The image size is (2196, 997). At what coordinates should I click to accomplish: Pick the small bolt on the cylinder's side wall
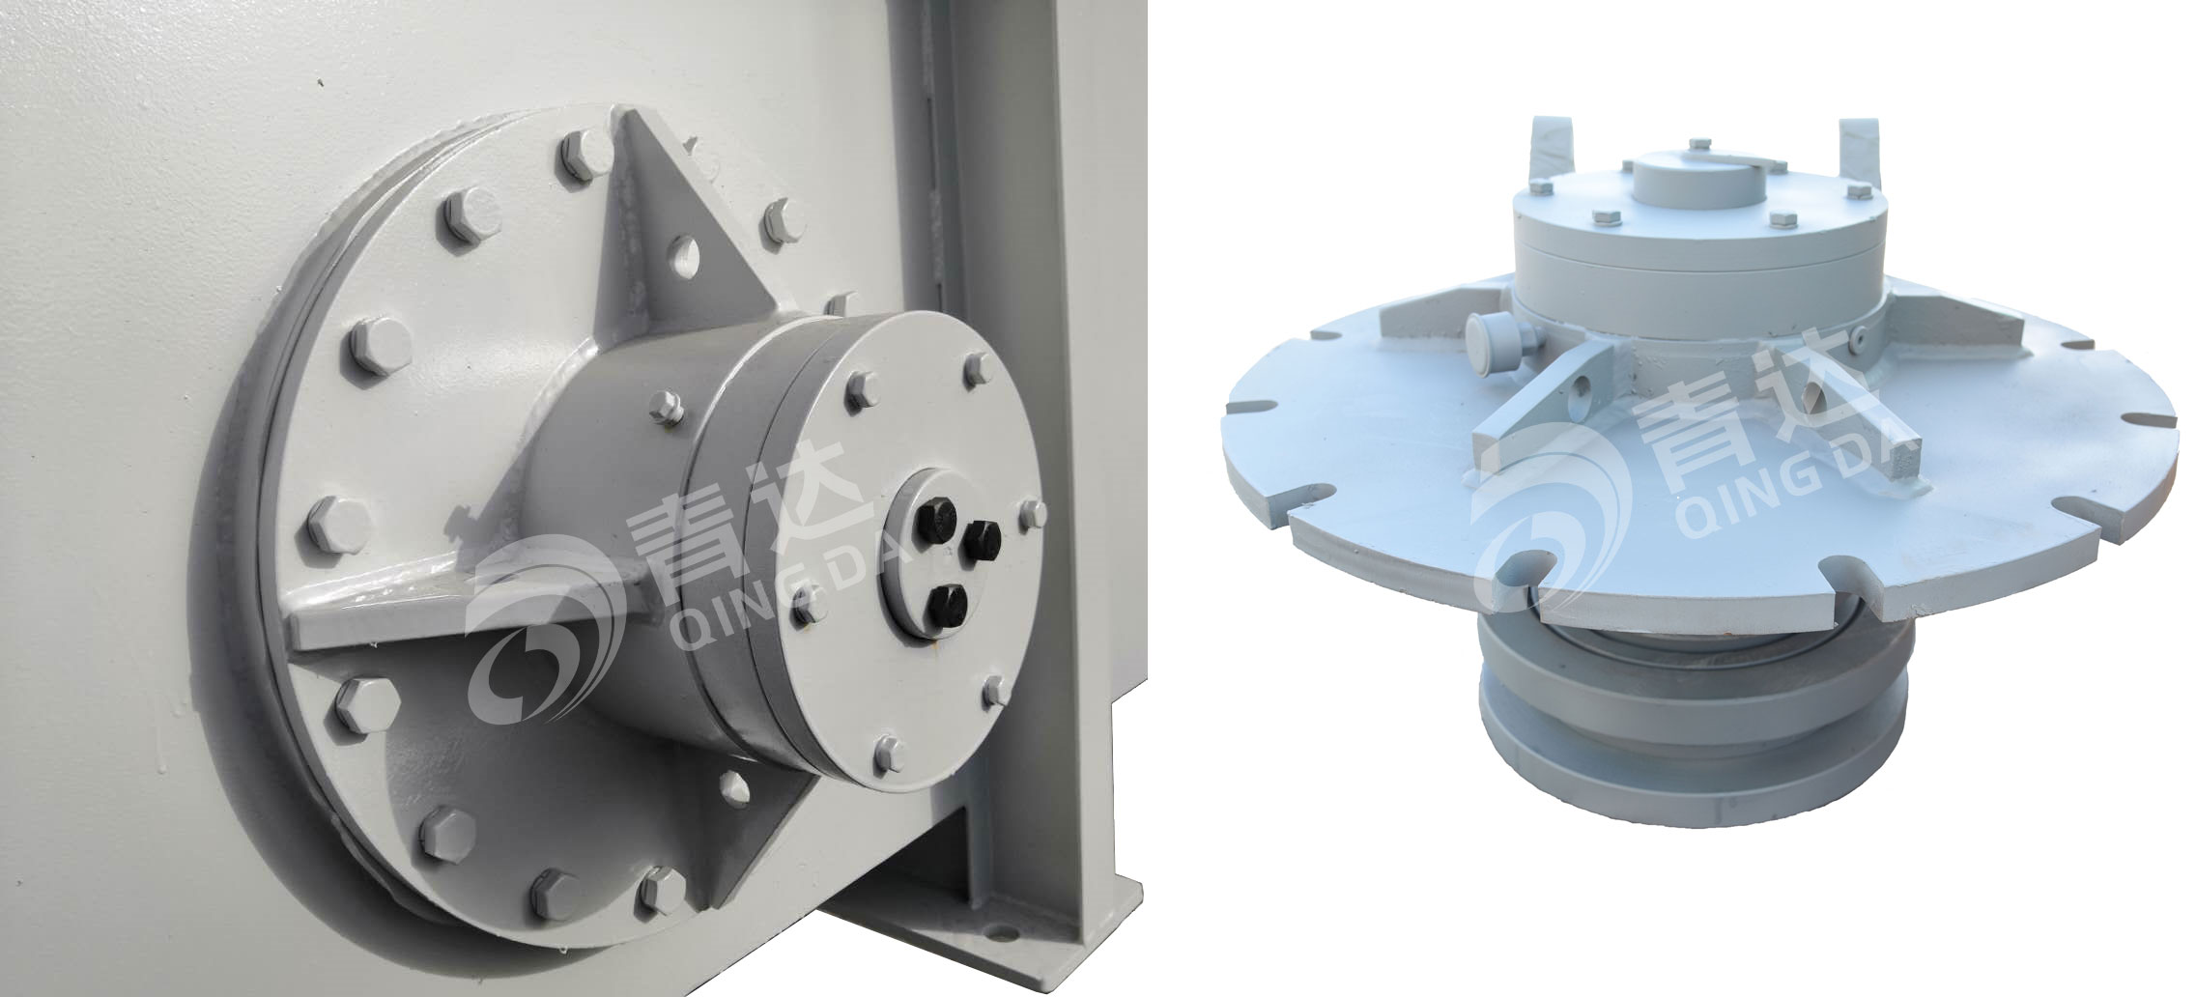pos(664,408)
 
